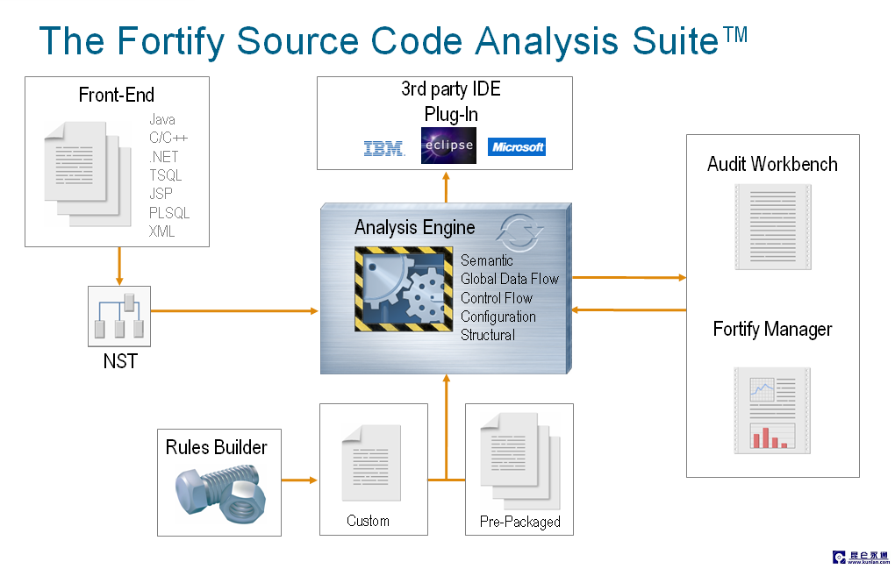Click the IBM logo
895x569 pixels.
pyautogui.click(x=384, y=149)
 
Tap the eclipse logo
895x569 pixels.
pyautogui.click(x=448, y=146)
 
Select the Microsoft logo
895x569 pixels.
pyautogui.click(x=517, y=147)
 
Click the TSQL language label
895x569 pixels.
pyautogui.click(x=166, y=175)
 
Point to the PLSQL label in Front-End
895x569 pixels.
pyautogui.click(x=169, y=213)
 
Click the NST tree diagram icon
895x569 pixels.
pyautogui.click(x=120, y=317)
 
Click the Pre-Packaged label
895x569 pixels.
pyautogui.click(x=519, y=522)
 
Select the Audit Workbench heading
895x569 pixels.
pyautogui.click(x=772, y=164)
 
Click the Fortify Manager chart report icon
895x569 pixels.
pyautogui.click(x=772, y=409)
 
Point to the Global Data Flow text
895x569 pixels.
pyautogui.click(x=510, y=279)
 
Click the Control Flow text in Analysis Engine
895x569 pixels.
pyautogui.click(x=497, y=298)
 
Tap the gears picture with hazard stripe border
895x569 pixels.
pyautogui.click(x=403, y=289)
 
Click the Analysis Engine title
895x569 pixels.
pyautogui.click(x=414, y=228)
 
